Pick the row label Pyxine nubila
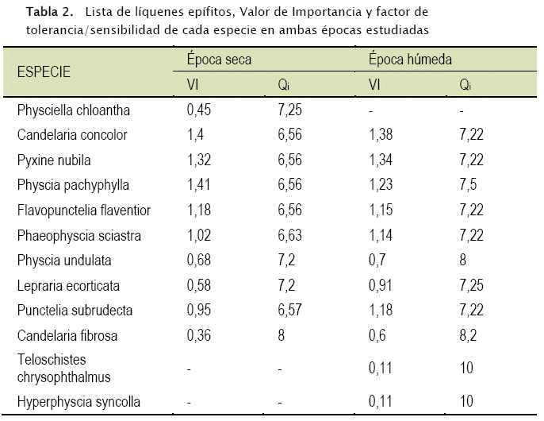[x=53, y=160]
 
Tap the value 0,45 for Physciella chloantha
[x=199, y=110]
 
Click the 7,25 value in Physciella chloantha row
[x=290, y=110]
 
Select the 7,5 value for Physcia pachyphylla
[x=468, y=185]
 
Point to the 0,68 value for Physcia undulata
[x=199, y=261]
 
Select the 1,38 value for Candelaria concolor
[x=381, y=135]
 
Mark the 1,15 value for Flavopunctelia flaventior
[x=381, y=210]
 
